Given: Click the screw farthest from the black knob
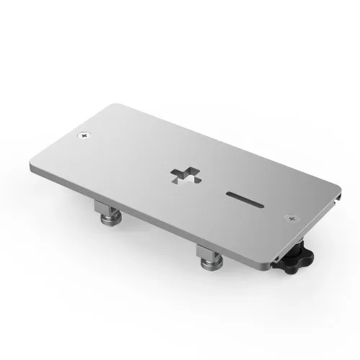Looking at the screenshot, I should (85, 135).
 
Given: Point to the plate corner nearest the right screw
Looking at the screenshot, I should (328, 210).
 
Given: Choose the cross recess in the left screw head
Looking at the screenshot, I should (85, 135).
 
